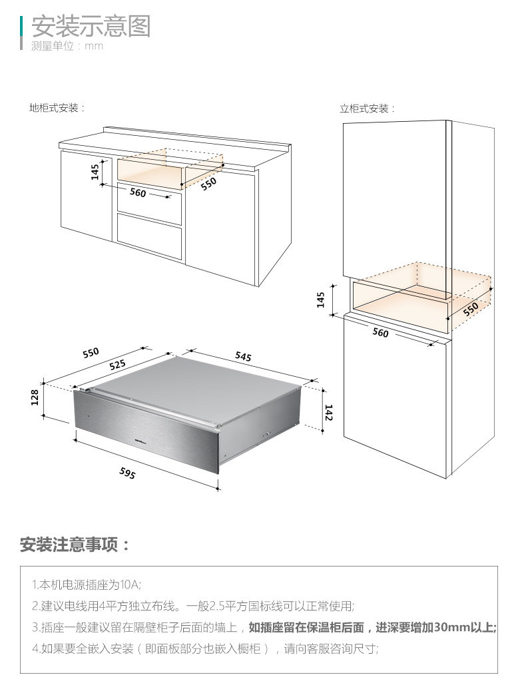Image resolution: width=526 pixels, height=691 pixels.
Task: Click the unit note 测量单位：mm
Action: click(67, 47)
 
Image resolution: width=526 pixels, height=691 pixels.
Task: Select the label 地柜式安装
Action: click(57, 108)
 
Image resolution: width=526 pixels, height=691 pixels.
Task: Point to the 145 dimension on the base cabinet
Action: click(95, 172)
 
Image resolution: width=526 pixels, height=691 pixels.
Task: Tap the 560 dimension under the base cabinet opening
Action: click(137, 193)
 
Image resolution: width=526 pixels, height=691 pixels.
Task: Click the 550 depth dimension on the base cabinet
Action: click(209, 184)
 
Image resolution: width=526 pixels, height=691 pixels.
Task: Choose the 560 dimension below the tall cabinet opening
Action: click(380, 333)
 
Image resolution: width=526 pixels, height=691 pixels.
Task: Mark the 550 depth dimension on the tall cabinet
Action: click(471, 308)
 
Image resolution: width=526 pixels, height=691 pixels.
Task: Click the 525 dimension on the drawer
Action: click(117, 364)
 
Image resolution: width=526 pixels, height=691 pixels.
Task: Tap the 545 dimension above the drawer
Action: click(243, 357)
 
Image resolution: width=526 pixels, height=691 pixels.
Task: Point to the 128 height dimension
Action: click(35, 397)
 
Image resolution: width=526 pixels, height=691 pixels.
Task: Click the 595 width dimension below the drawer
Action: click(127, 473)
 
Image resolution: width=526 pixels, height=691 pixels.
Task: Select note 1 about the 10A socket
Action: click(87, 585)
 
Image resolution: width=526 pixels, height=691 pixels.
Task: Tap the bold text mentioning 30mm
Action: click(373, 627)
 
